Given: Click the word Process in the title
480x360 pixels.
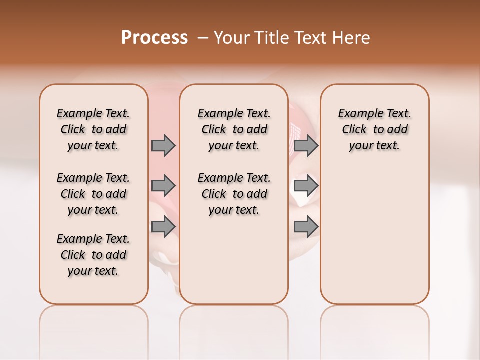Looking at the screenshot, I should pos(154,38).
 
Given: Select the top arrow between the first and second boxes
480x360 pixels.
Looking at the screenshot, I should pos(163,145).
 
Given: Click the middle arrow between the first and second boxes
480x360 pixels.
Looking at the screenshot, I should pos(163,186).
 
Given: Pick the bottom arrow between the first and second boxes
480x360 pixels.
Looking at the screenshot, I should pos(163,227).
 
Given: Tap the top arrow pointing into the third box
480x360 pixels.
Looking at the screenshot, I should pos(306,145).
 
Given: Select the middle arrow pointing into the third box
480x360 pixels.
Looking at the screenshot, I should pos(306,186).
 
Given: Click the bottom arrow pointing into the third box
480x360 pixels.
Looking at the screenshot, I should pos(306,227).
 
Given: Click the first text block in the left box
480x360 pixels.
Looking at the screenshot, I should pos(93,129).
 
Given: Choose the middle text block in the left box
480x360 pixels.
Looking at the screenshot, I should pos(93,194).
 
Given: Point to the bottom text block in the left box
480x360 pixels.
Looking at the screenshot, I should pos(93,255).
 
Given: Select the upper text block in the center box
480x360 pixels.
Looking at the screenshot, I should pos(234,129).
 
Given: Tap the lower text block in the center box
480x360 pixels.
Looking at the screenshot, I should pos(234,194).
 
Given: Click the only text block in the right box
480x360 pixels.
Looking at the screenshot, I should pos(375,129).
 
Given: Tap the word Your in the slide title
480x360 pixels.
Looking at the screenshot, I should pos(231,38).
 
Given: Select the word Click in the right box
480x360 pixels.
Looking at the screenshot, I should pos(354,130).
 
